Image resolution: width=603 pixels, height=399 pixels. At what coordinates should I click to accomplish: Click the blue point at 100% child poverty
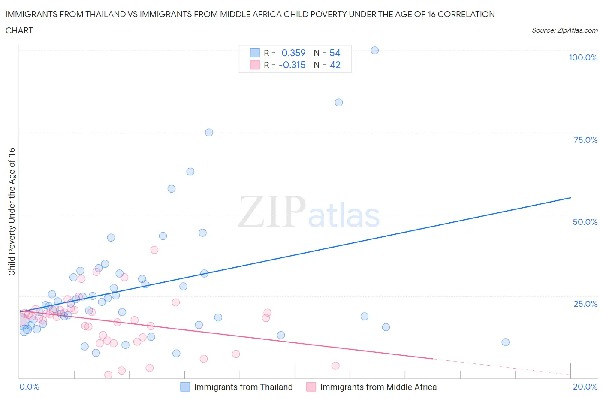click(x=374, y=50)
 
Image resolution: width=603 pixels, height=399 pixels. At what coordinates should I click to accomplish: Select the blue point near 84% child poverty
click(x=338, y=102)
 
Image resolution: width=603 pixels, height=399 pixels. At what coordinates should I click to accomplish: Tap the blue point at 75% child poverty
click(x=209, y=132)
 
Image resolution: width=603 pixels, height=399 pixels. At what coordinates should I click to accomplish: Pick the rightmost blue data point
click(x=505, y=342)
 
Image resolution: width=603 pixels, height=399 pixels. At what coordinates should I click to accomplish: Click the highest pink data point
click(x=154, y=250)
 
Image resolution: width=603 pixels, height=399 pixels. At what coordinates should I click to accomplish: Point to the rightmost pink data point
click(x=335, y=366)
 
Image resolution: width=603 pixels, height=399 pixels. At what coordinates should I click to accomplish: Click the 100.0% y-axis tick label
click(x=583, y=57)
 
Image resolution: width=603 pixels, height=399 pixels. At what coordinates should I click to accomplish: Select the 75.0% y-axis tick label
click(x=585, y=140)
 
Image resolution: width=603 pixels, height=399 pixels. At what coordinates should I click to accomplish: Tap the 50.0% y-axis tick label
click(x=585, y=222)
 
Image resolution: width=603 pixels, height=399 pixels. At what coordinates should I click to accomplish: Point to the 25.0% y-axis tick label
click(x=585, y=304)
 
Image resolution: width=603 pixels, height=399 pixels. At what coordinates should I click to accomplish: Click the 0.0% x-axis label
click(x=29, y=387)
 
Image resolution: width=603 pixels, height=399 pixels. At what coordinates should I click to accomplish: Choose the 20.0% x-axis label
click(x=585, y=387)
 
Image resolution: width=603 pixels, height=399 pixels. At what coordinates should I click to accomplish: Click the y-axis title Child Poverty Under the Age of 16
click(x=12, y=212)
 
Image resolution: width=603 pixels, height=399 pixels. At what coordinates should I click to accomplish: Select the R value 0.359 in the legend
click(x=293, y=53)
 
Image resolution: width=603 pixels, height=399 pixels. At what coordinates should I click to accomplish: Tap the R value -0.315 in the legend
click(x=292, y=65)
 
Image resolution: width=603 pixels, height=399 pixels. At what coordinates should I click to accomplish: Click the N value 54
click(x=335, y=53)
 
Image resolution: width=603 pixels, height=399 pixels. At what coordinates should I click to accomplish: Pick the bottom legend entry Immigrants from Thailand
click(x=243, y=387)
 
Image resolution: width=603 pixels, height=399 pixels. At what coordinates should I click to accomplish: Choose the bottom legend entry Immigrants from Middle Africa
click(x=378, y=387)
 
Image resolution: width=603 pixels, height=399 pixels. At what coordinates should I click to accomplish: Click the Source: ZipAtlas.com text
click(x=564, y=30)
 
